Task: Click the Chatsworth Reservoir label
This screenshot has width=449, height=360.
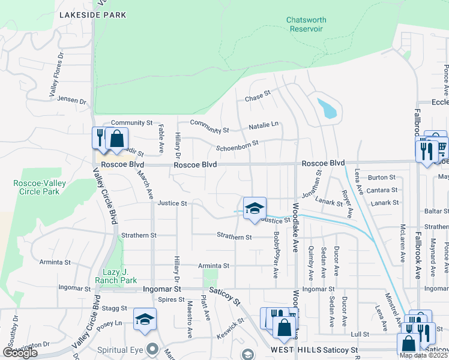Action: (306, 24)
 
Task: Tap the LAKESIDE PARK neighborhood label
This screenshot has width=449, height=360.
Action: (92, 14)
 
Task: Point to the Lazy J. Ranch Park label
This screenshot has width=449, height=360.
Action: (116, 276)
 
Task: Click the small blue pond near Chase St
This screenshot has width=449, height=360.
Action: (328, 109)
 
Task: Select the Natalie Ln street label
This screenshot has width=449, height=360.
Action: (264, 125)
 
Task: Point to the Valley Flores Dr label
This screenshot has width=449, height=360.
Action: (55, 75)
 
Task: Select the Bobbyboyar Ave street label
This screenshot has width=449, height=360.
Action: (276, 254)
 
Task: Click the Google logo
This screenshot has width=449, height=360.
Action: (20, 353)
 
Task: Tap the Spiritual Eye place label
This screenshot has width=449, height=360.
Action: (125, 348)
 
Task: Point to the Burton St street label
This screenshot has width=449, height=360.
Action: (382, 178)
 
